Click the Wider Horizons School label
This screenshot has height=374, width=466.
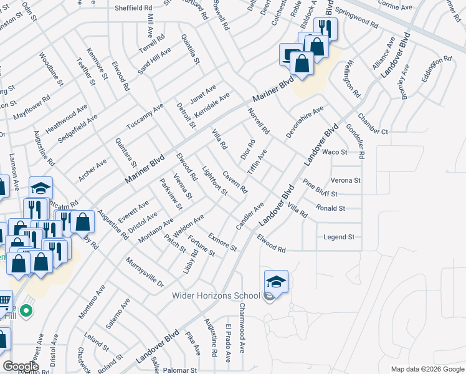click(x=216, y=296)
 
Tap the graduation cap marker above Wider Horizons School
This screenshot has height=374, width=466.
click(x=276, y=282)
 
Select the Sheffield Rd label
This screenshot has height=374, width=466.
click(x=133, y=9)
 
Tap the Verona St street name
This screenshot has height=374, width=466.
click(x=346, y=180)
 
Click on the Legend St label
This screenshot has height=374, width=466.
click(x=339, y=237)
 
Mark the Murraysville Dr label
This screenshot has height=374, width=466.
click(x=144, y=272)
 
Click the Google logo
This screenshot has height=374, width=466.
click(x=21, y=367)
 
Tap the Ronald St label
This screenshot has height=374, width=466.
click(x=330, y=208)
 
